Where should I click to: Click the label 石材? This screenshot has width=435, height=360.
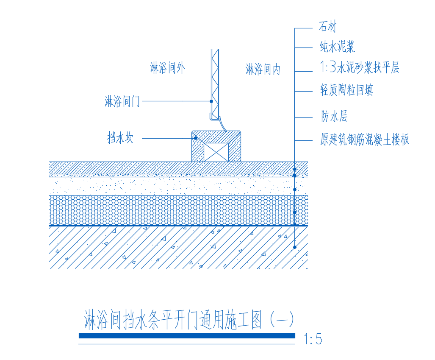click(327, 28)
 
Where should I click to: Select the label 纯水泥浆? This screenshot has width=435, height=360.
click(337, 47)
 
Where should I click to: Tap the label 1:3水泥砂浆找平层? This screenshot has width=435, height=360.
click(359, 67)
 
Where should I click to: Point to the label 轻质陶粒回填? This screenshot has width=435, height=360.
click(346, 90)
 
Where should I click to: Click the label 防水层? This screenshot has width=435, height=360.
click(334, 116)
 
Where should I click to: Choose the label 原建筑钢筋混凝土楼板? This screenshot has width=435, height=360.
click(364, 139)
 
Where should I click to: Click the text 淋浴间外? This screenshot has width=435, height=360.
click(167, 68)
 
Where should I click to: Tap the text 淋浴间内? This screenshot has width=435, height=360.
click(263, 69)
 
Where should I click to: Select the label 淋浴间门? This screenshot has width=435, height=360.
click(122, 102)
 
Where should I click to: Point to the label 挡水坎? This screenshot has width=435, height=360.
click(120, 138)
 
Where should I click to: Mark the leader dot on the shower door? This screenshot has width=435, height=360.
click(211, 101)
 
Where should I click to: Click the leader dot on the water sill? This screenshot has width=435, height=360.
click(195, 138)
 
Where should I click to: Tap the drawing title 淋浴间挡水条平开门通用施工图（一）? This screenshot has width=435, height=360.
click(189, 320)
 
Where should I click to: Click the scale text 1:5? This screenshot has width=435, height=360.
click(313, 339)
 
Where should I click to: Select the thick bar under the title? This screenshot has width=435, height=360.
click(187, 336)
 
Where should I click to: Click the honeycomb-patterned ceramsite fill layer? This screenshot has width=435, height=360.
click(169, 210)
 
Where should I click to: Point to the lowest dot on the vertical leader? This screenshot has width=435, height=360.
click(295, 247)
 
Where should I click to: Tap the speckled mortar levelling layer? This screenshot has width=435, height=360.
click(169, 185)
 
